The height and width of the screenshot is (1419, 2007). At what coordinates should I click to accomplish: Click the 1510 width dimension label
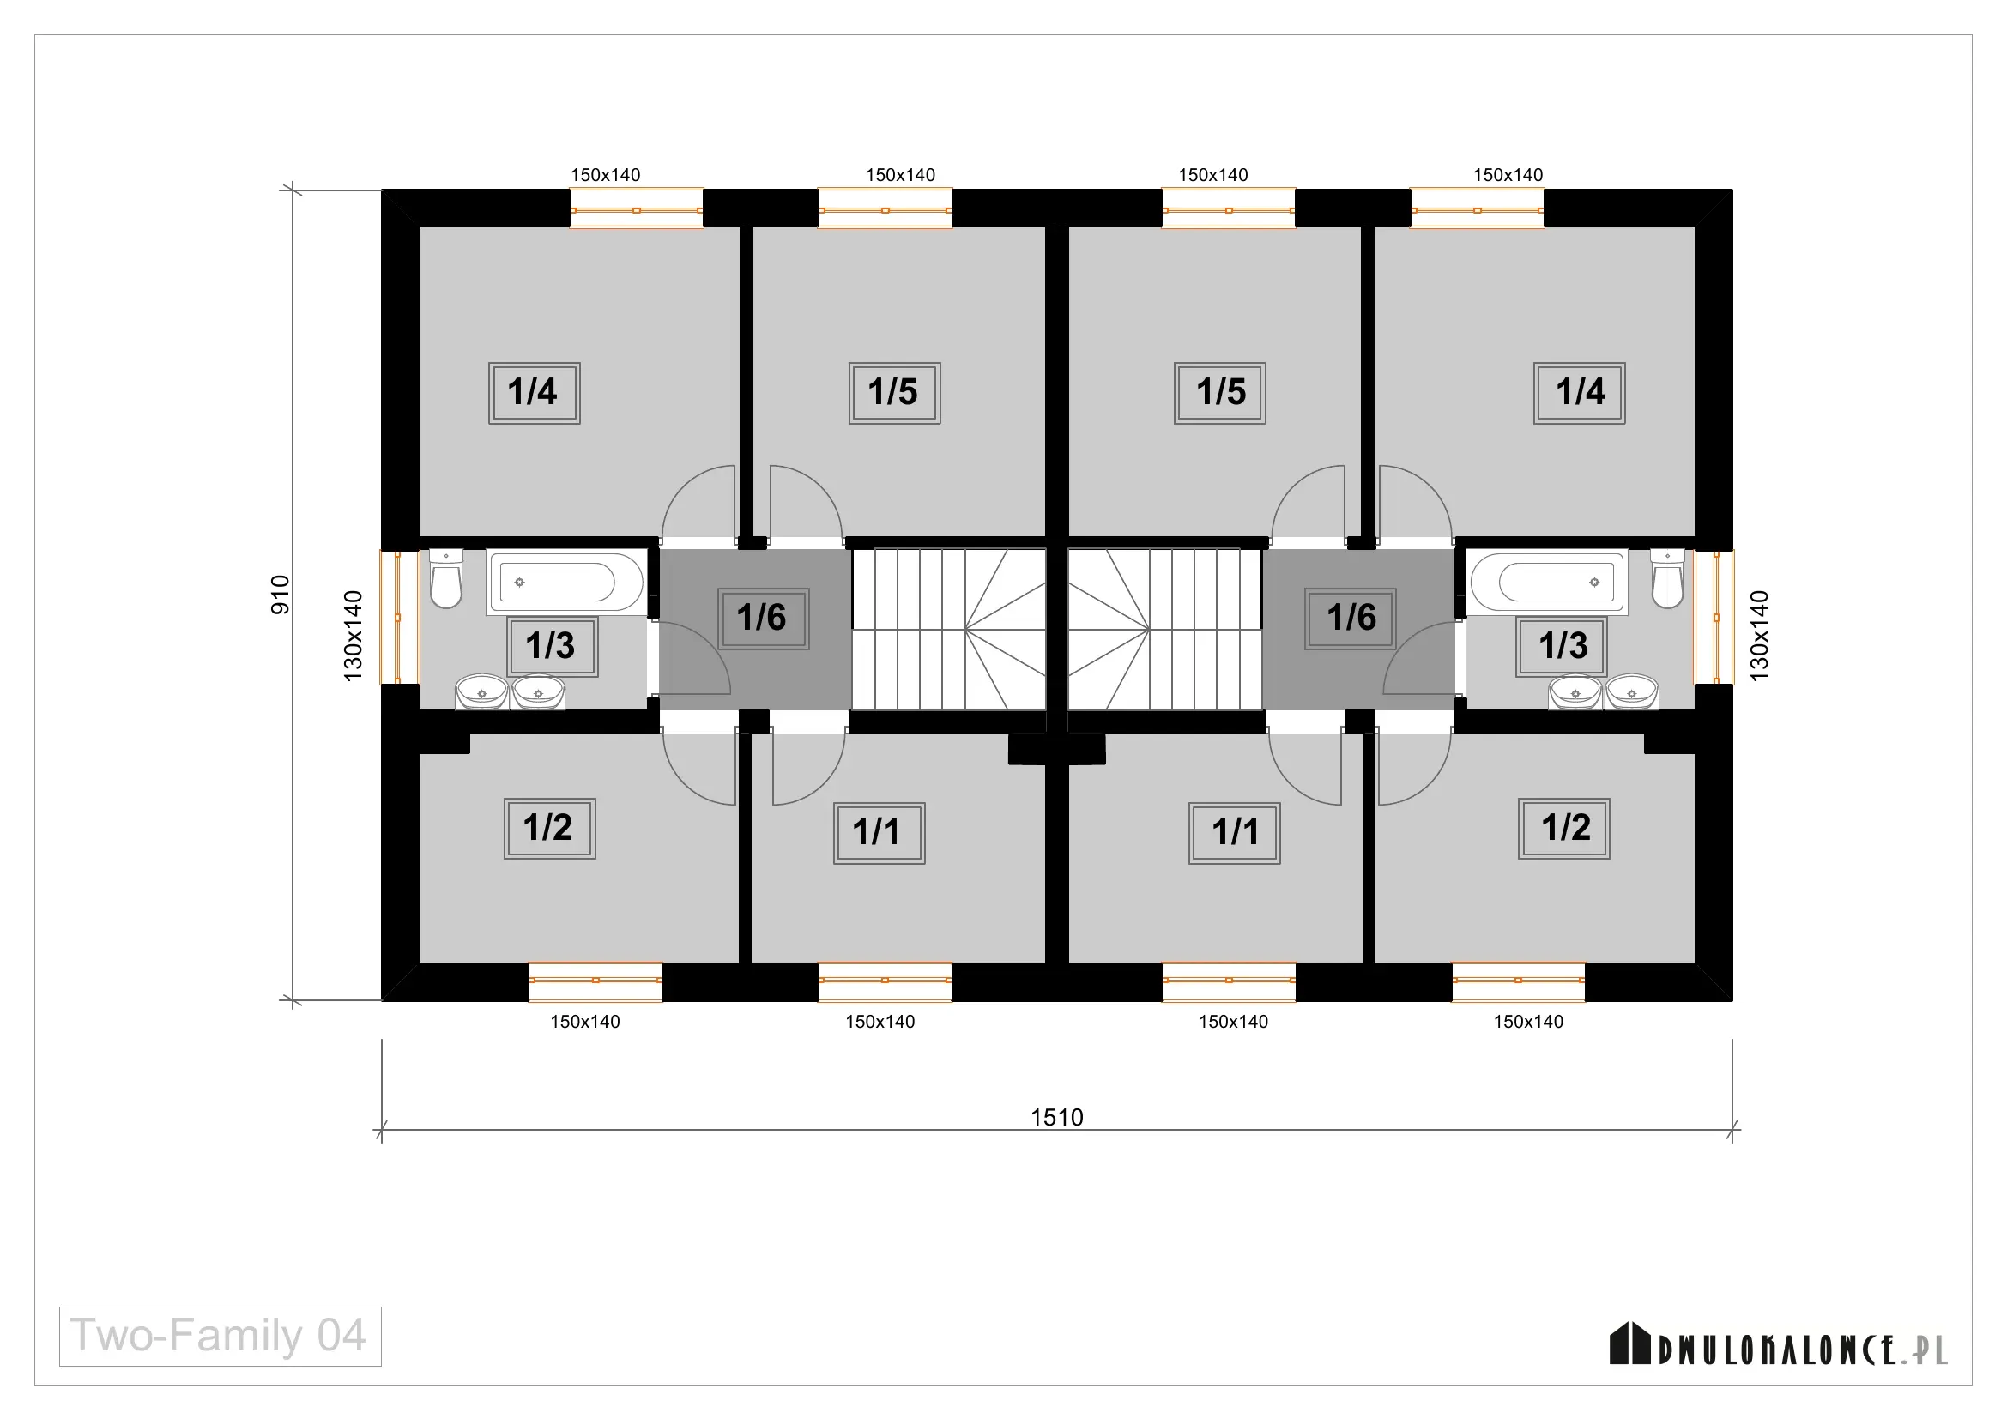tap(1057, 1118)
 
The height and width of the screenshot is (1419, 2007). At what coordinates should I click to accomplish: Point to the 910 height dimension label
tap(280, 595)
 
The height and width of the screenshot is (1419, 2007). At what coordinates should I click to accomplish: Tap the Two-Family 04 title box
tap(221, 1336)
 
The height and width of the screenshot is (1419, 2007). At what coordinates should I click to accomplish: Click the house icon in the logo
tap(1630, 1343)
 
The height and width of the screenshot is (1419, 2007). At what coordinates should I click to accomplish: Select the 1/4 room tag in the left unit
tap(534, 393)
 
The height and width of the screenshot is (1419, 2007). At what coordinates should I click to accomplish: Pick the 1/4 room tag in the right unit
tap(1580, 393)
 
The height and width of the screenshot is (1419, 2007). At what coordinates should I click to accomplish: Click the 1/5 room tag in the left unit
tap(894, 393)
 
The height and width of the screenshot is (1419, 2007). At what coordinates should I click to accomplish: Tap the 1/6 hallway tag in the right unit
tap(1351, 619)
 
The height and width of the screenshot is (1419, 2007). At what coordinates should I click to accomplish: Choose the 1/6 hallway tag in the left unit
tap(763, 619)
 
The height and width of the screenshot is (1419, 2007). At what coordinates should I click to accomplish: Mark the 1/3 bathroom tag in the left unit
tap(553, 647)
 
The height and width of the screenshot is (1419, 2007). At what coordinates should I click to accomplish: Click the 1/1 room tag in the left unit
tap(879, 834)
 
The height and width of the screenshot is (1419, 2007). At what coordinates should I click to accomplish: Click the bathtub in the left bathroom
tap(566, 582)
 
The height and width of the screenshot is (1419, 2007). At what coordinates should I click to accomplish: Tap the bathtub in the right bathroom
tap(1547, 582)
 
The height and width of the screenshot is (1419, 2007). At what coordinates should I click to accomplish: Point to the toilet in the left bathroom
tap(447, 578)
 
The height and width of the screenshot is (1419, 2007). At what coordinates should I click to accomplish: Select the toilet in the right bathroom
tap(1667, 578)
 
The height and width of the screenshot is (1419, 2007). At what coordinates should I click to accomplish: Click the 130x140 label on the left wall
tap(354, 636)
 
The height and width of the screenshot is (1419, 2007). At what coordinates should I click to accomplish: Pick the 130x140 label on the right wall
tap(1760, 636)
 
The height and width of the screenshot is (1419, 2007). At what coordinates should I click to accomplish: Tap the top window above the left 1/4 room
tap(637, 208)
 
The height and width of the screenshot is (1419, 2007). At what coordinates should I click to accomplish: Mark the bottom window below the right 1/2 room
tap(1519, 982)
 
